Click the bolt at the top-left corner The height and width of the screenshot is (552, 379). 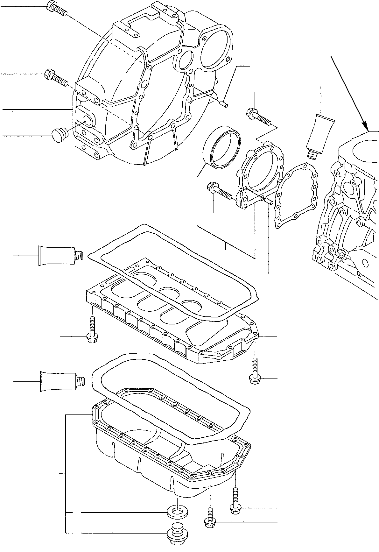pyautogui.click(x=56, y=9)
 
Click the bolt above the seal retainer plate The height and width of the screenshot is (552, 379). pyautogui.click(x=258, y=117)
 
